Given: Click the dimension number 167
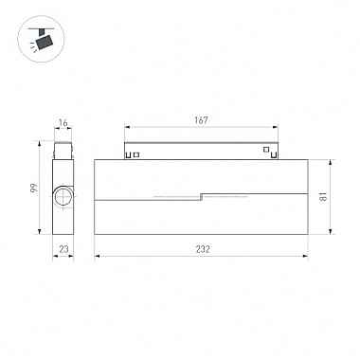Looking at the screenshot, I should point(201,121).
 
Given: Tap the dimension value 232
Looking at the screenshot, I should point(203,249).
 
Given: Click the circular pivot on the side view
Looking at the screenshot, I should point(63,197).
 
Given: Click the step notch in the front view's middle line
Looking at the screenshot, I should point(202,197).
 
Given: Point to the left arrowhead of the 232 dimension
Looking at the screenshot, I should point(97,256).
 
